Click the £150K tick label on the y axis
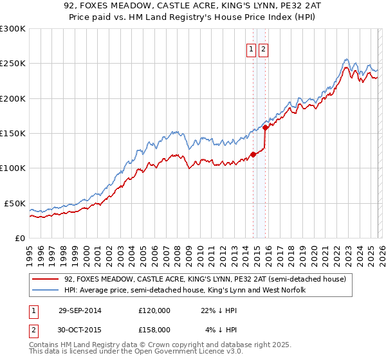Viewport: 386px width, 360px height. (12, 134)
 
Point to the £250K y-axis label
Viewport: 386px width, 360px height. (12, 64)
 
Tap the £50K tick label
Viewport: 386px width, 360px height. (14, 203)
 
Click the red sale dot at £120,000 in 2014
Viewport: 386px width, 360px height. (253, 154)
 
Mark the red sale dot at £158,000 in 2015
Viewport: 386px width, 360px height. (266, 128)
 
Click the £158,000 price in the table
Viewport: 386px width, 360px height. (154, 330)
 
